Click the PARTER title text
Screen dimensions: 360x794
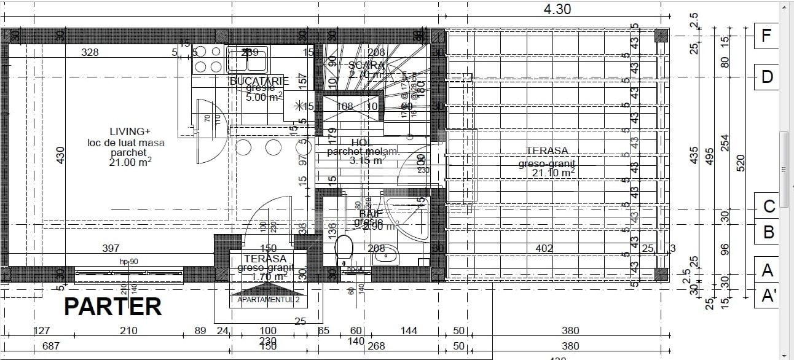coord(112,307)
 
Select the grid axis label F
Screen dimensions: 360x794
coord(766,36)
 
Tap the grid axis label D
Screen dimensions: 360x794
coord(766,77)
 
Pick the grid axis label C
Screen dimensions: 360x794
coord(768,206)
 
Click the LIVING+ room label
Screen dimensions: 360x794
coord(130,131)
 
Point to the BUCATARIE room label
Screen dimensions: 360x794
coord(259,81)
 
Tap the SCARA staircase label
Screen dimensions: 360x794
coord(366,65)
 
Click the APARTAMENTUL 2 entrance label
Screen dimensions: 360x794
coord(268,300)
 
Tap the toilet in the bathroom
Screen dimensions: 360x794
coord(345,251)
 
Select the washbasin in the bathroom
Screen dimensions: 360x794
coord(386,253)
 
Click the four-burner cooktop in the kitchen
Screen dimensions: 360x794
coord(208,60)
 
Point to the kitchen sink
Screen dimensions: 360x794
coord(247,60)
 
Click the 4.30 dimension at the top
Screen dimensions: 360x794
coord(557,9)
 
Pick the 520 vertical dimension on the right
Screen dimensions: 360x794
coord(741,162)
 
